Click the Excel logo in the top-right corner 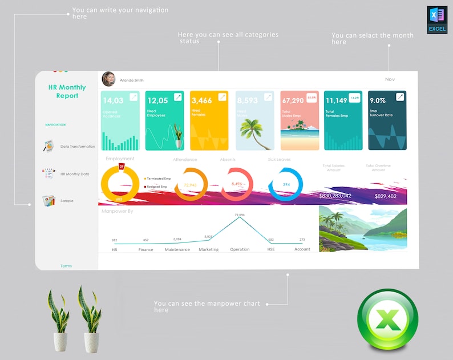[x=436, y=19]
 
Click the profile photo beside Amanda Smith [x=108, y=79]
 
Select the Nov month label [x=390, y=79]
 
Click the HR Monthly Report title [x=67, y=91]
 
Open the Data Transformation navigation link [x=78, y=147]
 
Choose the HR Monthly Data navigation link [x=75, y=174]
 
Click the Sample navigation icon [x=48, y=201]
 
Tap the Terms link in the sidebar [x=66, y=266]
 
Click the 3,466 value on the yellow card [x=201, y=101]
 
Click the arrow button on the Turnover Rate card [x=401, y=97]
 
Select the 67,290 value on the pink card [x=293, y=101]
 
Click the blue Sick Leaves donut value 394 [x=286, y=185]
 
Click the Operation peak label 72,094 [x=240, y=215]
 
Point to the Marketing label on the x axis [x=209, y=249]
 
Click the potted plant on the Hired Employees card [x=179, y=137]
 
